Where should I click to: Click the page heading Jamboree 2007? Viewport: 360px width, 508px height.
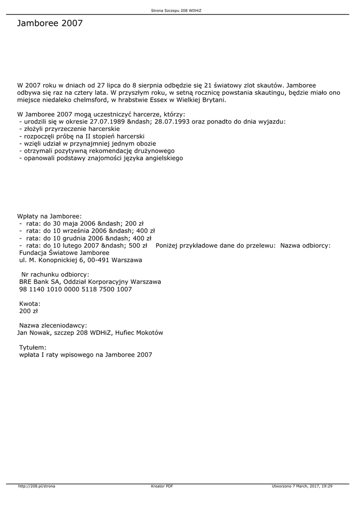click(x=50, y=23)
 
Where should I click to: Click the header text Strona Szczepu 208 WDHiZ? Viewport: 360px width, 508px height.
click(x=179, y=10)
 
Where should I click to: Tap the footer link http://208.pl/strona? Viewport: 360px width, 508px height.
click(x=37, y=486)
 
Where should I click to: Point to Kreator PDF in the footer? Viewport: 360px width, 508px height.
click(x=162, y=486)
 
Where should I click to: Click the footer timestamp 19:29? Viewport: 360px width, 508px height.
click(x=326, y=486)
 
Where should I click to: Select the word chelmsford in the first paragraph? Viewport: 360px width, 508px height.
click(x=87, y=100)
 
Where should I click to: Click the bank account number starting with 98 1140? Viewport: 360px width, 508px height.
click(x=75, y=289)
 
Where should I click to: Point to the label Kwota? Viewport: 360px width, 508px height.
click(x=30, y=304)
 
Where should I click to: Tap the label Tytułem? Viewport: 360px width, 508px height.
click(x=33, y=347)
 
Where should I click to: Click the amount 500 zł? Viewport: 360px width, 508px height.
click(x=138, y=245)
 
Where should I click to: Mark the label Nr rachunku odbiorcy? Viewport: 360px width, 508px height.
click(x=55, y=274)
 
